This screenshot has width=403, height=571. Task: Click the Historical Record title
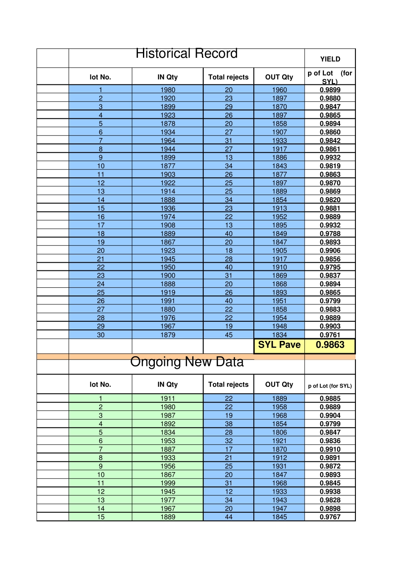186,54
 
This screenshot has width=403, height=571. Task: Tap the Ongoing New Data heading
187,362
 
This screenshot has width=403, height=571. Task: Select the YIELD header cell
330,59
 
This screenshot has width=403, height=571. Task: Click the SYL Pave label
279,345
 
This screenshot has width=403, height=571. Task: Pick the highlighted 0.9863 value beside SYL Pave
330,345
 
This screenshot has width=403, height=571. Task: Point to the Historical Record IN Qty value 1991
168,301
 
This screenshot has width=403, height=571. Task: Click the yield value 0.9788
330,233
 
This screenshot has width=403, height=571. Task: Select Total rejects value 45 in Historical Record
229,335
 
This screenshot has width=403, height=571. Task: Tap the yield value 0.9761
330,335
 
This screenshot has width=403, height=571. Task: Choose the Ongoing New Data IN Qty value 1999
168,483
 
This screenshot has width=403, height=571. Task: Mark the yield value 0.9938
330,492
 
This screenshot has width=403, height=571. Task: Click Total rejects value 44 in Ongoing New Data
229,517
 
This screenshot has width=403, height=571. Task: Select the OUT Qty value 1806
279,432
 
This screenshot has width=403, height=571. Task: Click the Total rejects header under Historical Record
228,77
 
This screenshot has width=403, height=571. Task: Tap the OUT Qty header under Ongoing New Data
279,384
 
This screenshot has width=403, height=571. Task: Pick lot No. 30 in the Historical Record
101,335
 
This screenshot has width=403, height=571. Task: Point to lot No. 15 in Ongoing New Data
101,517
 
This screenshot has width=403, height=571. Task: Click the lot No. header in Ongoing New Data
100,384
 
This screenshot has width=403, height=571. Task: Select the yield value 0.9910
330,449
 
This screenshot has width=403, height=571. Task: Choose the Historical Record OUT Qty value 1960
279,90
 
